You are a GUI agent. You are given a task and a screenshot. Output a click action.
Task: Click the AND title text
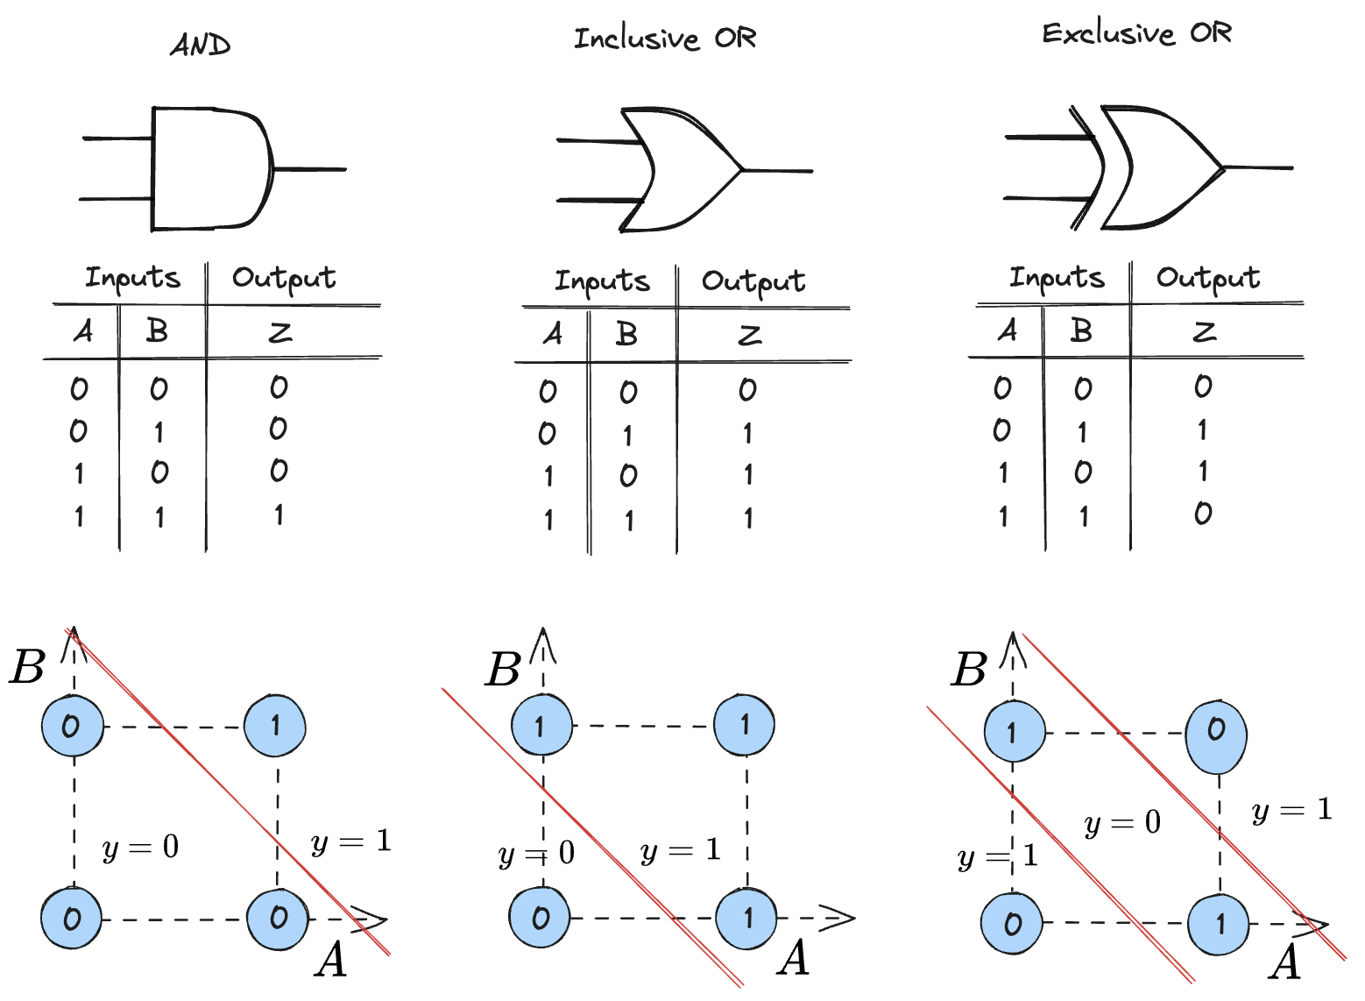(x=200, y=45)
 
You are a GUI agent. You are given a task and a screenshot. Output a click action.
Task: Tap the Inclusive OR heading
(x=664, y=39)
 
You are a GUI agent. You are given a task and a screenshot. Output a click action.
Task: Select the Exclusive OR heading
(x=1136, y=34)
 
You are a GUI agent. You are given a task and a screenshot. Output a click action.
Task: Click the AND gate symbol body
(x=210, y=169)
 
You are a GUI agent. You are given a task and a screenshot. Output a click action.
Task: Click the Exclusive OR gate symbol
(x=1156, y=167)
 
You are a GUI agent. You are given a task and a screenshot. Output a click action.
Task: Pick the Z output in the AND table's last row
(x=279, y=515)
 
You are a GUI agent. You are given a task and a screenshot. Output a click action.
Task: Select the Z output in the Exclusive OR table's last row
(x=1203, y=514)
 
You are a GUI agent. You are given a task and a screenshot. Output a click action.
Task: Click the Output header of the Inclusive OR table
(x=753, y=281)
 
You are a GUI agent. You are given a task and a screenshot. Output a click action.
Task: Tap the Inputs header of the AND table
(x=132, y=278)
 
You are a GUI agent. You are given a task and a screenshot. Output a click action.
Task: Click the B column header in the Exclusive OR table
(x=1081, y=330)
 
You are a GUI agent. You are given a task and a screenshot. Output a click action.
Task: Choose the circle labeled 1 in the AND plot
(x=275, y=726)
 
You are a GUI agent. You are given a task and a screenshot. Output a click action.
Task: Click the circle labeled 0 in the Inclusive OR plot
(x=540, y=918)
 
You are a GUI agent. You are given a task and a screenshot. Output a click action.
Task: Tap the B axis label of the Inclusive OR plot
(x=504, y=671)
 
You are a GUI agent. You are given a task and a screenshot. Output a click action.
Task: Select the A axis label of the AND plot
(x=331, y=961)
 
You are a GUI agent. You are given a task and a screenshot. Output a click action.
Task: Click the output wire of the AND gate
(x=311, y=169)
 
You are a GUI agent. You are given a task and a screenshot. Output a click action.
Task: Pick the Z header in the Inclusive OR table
(x=749, y=336)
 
